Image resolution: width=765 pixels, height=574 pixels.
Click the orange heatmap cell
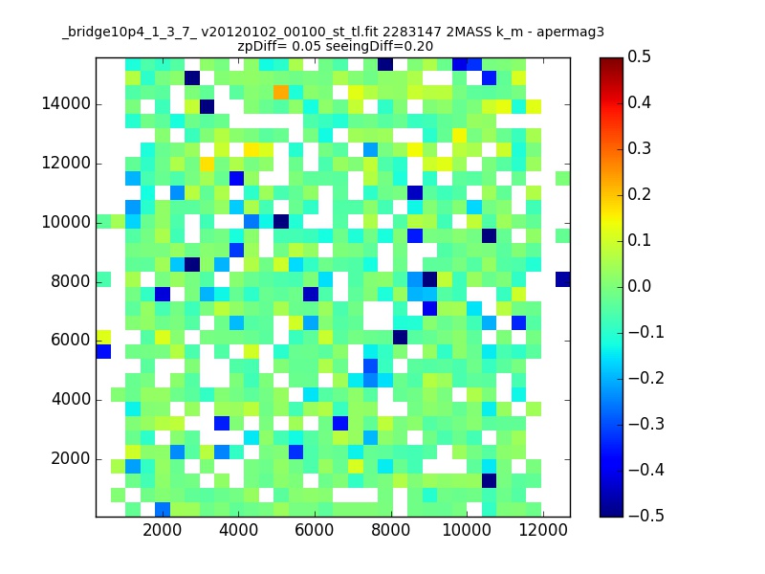pyautogui.click(x=280, y=92)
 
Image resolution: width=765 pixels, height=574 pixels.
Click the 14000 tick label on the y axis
pyautogui.click(x=66, y=104)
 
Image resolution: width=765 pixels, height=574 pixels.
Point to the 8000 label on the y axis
pyautogui.click(x=71, y=281)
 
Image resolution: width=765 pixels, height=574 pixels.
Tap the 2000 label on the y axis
pyautogui.click(x=71, y=459)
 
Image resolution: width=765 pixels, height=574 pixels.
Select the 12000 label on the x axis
pyautogui.click(x=543, y=530)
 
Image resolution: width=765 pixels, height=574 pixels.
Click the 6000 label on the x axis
pyautogui.click(x=315, y=530)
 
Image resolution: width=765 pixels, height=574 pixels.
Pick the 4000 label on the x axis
pyautogui.click(x=238, y=530)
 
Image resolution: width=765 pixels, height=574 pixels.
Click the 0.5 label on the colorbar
pyautogui.click(x=639, y=56)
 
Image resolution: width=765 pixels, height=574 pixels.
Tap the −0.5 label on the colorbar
pyautogui.click(x=646, y=516)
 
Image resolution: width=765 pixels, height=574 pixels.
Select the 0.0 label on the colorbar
pyautogui.click(x=639, y=286)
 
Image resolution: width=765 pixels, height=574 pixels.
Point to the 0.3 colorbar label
pyautogui.click(x=639, y=148)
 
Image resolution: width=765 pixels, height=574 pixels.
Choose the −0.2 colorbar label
pyautogui.click(x=646, y=378)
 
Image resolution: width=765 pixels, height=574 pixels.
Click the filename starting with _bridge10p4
pyautogui.click(x=221, y=33)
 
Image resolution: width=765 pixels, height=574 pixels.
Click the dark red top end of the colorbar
pyautogui.click(x=611, y=59)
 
